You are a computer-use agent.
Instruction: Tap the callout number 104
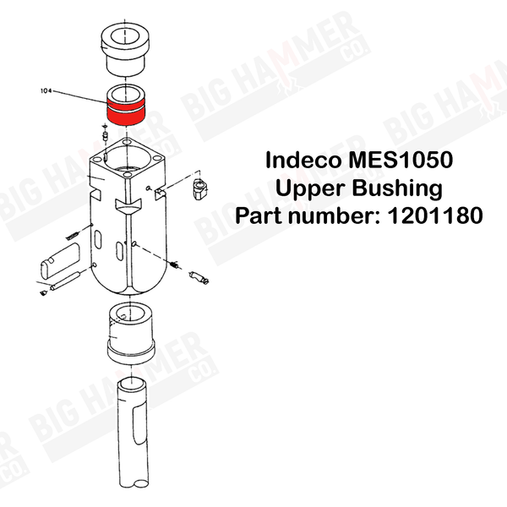pos(46,91)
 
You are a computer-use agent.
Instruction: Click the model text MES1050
pos(401,160)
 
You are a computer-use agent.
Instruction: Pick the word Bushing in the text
pos(397,188)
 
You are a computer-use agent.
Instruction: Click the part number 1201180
pos(434,215)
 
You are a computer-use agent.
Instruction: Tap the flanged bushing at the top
pos(125,48)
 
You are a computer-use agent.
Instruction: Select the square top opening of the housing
pos(127,159)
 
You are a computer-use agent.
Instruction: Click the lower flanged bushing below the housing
pos(130,333)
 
